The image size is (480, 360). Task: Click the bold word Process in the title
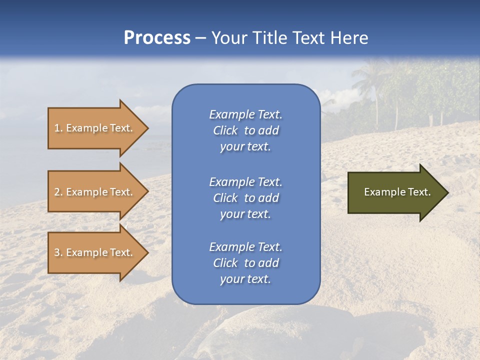coord(157,38)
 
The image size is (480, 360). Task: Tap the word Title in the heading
coord(268,38)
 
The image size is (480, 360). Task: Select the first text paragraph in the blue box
coord(245,130)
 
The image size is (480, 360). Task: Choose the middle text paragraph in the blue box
coord(245,198)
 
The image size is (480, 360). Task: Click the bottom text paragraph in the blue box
coord(245,263)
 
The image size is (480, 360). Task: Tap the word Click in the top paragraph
coord(225,130)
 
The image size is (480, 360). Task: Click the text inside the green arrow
coord(397,192)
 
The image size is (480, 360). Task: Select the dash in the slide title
coord(200,38)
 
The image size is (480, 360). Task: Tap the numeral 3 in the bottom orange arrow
coord(57,252)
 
